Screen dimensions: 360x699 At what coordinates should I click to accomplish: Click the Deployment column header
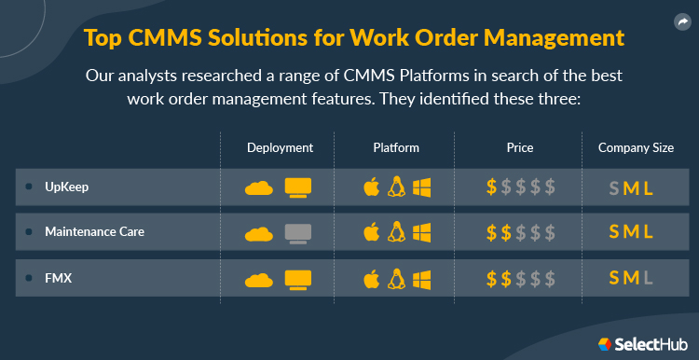click(x=280, y=147)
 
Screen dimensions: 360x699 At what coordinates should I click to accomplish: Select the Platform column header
click(x=396, y=147)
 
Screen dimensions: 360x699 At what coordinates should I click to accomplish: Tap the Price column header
click(x=521, y=147)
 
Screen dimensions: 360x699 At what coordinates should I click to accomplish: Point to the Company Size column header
click(x=636, y=147)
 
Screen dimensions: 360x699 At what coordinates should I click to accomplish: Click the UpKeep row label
click(x=66, y=187)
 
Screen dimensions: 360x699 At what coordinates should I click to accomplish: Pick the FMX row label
click(x=57, y=278)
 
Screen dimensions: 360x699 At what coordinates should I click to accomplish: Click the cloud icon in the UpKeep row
click(x=259, y=187)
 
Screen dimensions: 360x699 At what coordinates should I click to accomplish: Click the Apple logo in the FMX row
click(x=372, y=278)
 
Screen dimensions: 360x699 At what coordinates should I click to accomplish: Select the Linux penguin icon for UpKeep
click(x=396, y=187)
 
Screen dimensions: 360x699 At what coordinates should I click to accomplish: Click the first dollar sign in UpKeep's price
click(x=492, y=187)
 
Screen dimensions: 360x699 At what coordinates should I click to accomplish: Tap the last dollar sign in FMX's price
click(x=551, y=278)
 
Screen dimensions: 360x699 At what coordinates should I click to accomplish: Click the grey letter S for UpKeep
click(x=613, y=187)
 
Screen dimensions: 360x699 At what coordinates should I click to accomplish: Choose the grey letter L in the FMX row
click(x=649, y=278)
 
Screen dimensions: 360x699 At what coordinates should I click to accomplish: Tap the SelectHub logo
click(x=643, y=343)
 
